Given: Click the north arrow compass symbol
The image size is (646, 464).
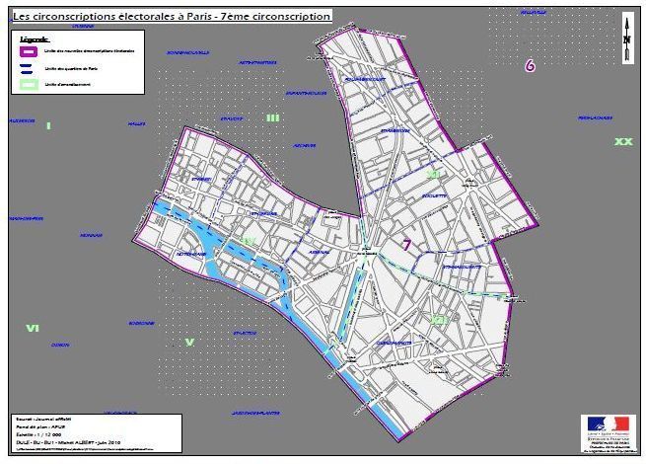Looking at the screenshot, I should [x=627, y=40].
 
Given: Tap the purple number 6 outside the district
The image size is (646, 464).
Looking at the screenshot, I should [x=531, y=66].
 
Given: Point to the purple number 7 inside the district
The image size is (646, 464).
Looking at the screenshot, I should [x=406, y=245].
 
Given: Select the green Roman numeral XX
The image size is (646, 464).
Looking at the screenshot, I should [x=622, y=142].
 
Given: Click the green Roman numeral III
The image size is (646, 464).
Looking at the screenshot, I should [x=272, y=117].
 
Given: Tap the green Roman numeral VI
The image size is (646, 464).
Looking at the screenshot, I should [x=33, y=328].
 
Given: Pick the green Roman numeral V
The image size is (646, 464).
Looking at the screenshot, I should [x=189, y=343].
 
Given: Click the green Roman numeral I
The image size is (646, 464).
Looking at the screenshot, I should [x=48, y=125].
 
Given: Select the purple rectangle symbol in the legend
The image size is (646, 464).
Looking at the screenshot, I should [x=29, y=48].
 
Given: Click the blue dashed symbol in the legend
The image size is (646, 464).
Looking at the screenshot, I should [x=29, y=67].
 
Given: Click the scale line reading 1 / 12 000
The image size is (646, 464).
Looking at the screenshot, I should [x=39, y=434].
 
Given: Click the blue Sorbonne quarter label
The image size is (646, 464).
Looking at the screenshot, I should [x=141, y=323].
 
